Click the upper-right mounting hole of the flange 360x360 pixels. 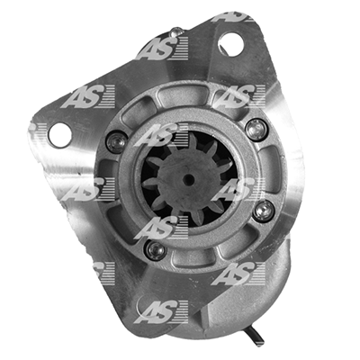pyautogui.click(x=230, y=44)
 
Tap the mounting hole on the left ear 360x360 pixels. pyautogui.click(x=60, y=135)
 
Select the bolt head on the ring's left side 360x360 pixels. pyautogui.click(x=116, y=142)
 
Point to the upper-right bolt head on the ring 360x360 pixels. pyautogui.click(x=256, y=130)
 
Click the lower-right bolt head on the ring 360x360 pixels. pyautogui.click(x=264, y=211)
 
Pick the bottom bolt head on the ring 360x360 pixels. pyautogui.click(x=156, y=249)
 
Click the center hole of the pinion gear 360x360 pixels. pyautogui.click(x=188, y=179)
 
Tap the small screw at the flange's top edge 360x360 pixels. pyautogui.click(x=176, y=31)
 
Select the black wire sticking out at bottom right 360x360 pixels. pyautogui.click(x=255, y=336)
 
